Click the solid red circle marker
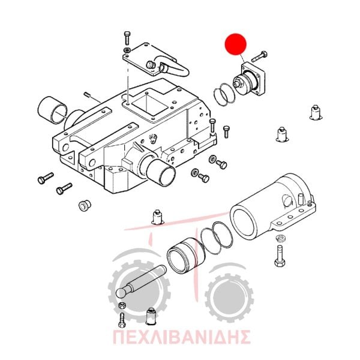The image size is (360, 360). coord(235,44)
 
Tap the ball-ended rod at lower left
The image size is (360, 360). coord(140,281)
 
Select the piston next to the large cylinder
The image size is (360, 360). coord(185,256)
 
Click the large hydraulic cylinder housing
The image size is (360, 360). coord(272,206)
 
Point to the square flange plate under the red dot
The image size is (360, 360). coord(253,78)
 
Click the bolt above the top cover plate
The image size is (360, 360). coord(127,38)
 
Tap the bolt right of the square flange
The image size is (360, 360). coord(259,56)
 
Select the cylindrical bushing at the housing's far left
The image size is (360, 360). coord(52,110)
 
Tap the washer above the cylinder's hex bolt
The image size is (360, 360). coord(280,238)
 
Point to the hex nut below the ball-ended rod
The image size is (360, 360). coord(122,305)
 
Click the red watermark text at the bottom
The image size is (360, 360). coord(181,337)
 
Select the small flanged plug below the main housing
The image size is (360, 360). coord(85,205)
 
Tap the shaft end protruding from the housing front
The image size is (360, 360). coord(161,172)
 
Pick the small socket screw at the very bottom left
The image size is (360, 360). coord(122,320)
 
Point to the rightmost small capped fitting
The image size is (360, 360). coord(316,112)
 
